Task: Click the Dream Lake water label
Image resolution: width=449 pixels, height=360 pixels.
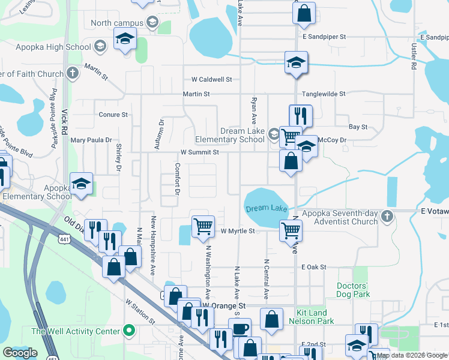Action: click(x=267, y=208)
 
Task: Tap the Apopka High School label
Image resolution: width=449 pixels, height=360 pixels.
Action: click(x=59, y=47)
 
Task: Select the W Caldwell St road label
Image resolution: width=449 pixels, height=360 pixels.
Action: click(x=211, y=79)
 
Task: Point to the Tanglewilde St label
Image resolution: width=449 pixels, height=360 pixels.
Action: click(x=324, y=94)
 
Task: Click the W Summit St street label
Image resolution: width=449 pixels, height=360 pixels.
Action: click(x=200, y=152)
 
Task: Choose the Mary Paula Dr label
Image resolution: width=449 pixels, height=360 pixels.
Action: click(x=91, y=140)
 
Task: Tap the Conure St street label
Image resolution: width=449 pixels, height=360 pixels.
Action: click(x=113, y=114)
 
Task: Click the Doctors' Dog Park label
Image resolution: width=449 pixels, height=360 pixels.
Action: click(x=353, y=290)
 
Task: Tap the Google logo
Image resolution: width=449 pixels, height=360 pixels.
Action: click(x=20, y=353)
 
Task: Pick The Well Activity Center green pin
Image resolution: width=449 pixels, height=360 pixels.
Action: click(x=128, y=331)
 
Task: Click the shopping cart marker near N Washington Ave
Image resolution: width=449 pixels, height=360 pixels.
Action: click(x=203, y=226)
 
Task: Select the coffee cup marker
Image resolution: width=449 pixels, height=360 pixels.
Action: click(x=240, y=328)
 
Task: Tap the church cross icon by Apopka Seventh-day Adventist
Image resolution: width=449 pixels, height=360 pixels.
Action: click(x=388, y=217)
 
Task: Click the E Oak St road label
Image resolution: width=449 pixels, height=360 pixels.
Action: click(x=314, y=266)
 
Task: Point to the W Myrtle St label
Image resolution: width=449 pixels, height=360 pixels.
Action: click(x=238, y=231)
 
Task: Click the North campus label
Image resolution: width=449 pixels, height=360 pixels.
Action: click(x=116, y=23)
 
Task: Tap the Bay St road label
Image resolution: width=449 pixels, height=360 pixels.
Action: click(x=358, y=127)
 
